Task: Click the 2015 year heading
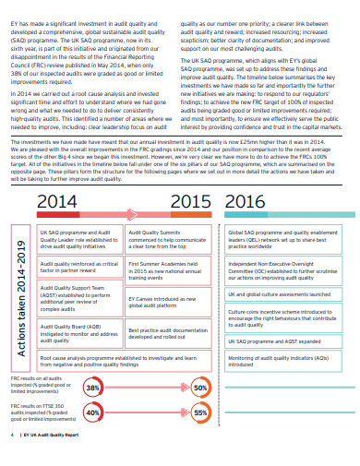click(192, 203)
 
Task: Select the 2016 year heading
click(244, 203)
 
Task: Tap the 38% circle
click(93, 388)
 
